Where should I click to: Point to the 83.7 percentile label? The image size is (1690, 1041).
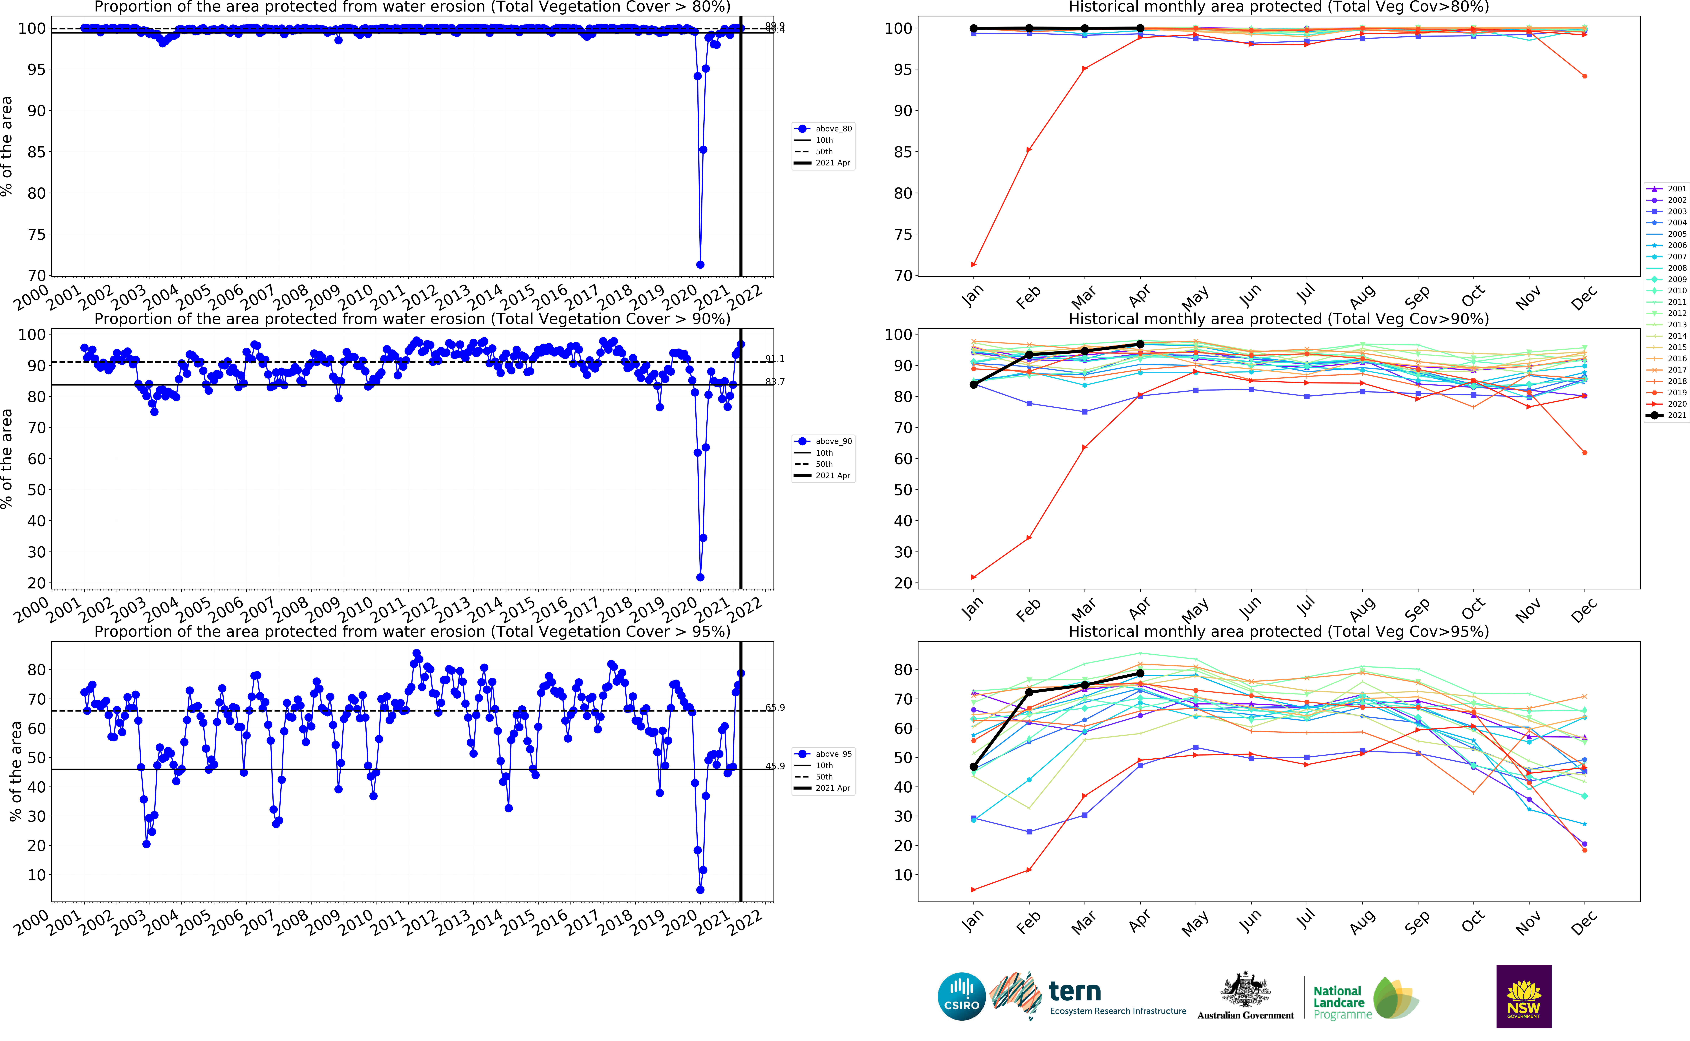click(x=775, y=382)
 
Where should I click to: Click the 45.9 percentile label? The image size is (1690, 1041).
click(x=775, y=766)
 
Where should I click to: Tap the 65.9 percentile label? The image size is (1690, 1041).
click(x=775, y=708)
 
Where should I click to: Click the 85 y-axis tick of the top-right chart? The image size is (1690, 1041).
click(x=902, y=152)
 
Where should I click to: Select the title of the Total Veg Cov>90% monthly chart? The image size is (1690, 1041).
click(x=1278, y=319)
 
